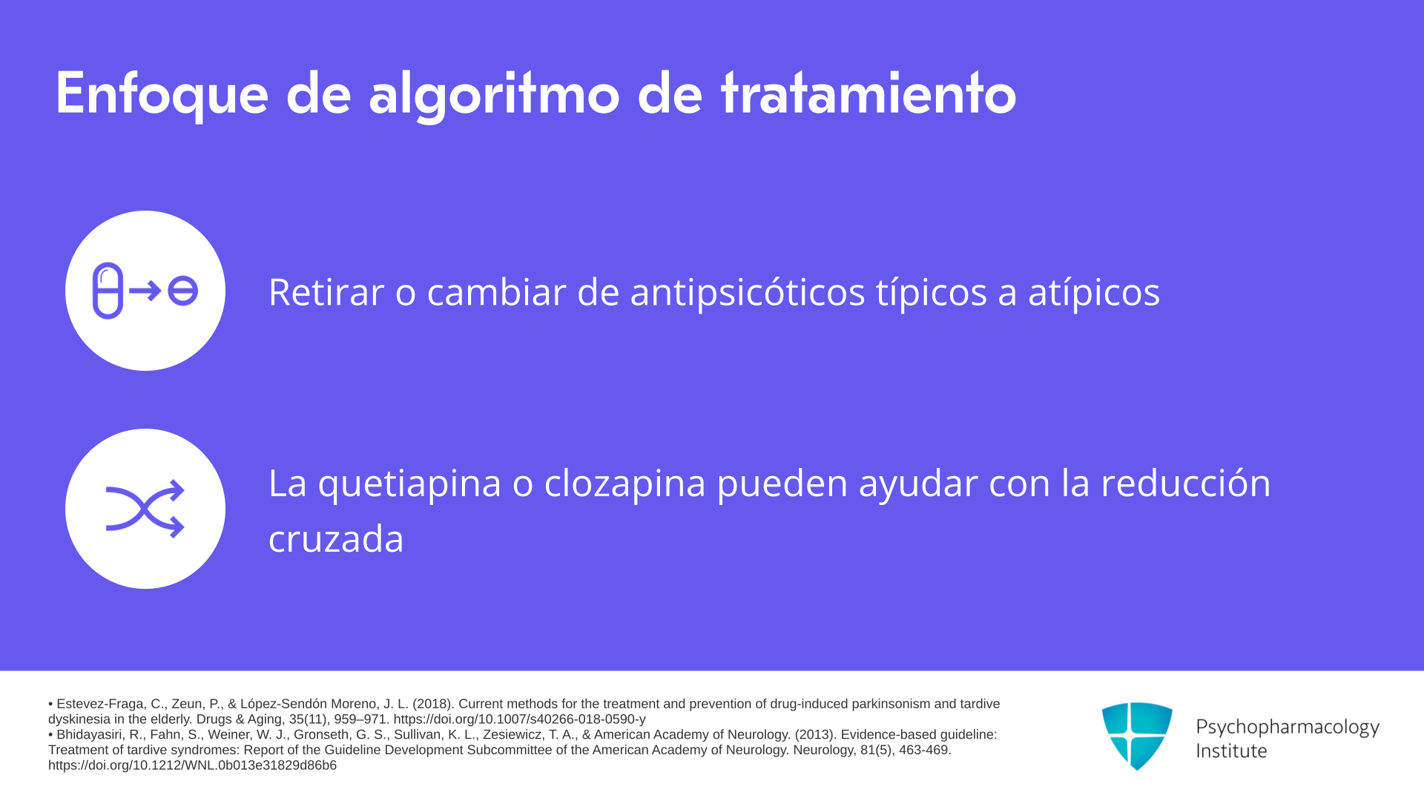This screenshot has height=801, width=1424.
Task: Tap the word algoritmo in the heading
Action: pos(494,95)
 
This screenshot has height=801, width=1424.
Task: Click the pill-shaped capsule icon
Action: pos(108,291)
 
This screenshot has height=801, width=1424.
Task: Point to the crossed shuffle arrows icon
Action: pos(145,509)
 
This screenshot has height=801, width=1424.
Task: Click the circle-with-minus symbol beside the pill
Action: pos(182,291)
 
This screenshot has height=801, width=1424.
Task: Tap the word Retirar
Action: pos(326,291)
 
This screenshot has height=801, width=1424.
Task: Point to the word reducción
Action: pos(1185,483)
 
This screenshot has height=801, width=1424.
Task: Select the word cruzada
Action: pos(336,538)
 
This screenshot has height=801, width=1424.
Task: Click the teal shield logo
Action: pos(1137,736)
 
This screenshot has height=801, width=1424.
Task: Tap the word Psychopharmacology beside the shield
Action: pos(1288,728)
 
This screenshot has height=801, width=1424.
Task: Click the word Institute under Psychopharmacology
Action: pos(1231,751)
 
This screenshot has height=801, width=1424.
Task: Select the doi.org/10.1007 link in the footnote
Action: pos(519,719)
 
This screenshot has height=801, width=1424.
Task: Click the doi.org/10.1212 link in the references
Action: pos(192,765)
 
